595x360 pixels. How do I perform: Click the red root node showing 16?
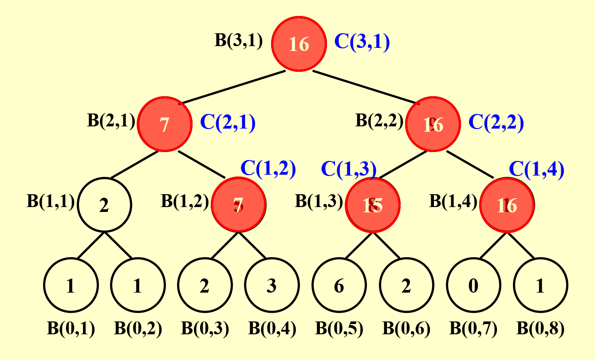tap(298, 44)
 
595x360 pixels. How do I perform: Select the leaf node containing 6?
tap(339, 286)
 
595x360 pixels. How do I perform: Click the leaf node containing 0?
tap(473, 286)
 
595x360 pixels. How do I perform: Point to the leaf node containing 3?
tap(272, 286)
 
